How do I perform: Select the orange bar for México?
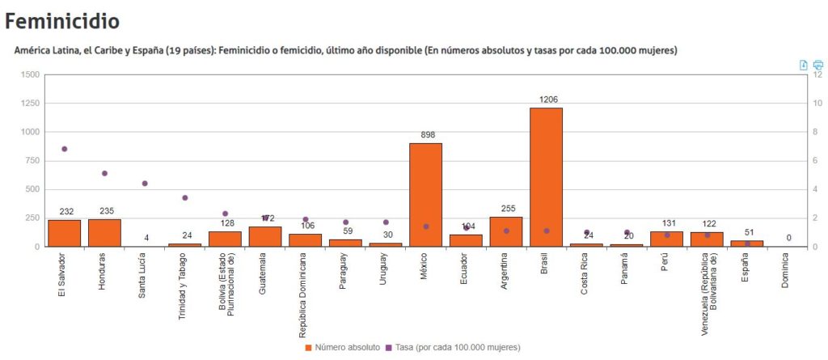425,194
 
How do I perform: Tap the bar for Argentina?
506,231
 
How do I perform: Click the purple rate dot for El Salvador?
65,149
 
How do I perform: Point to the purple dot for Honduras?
104,173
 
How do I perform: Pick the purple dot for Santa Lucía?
145,184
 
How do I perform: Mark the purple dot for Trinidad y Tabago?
184,197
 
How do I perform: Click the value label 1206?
547,100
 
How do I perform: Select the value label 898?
426,134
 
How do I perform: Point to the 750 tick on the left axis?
32,160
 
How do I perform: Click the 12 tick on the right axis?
817,74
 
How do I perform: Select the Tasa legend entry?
457,347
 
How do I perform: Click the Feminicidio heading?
61,19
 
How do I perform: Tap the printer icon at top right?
817,65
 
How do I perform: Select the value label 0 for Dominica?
788,238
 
